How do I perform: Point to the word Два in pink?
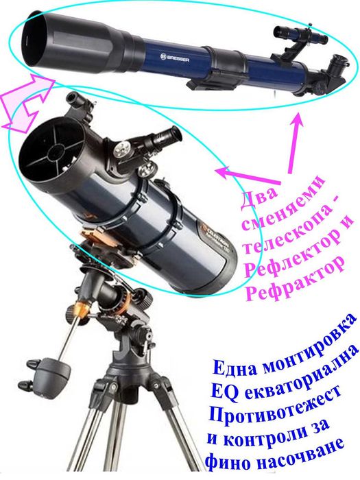click(x=259, y=200)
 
